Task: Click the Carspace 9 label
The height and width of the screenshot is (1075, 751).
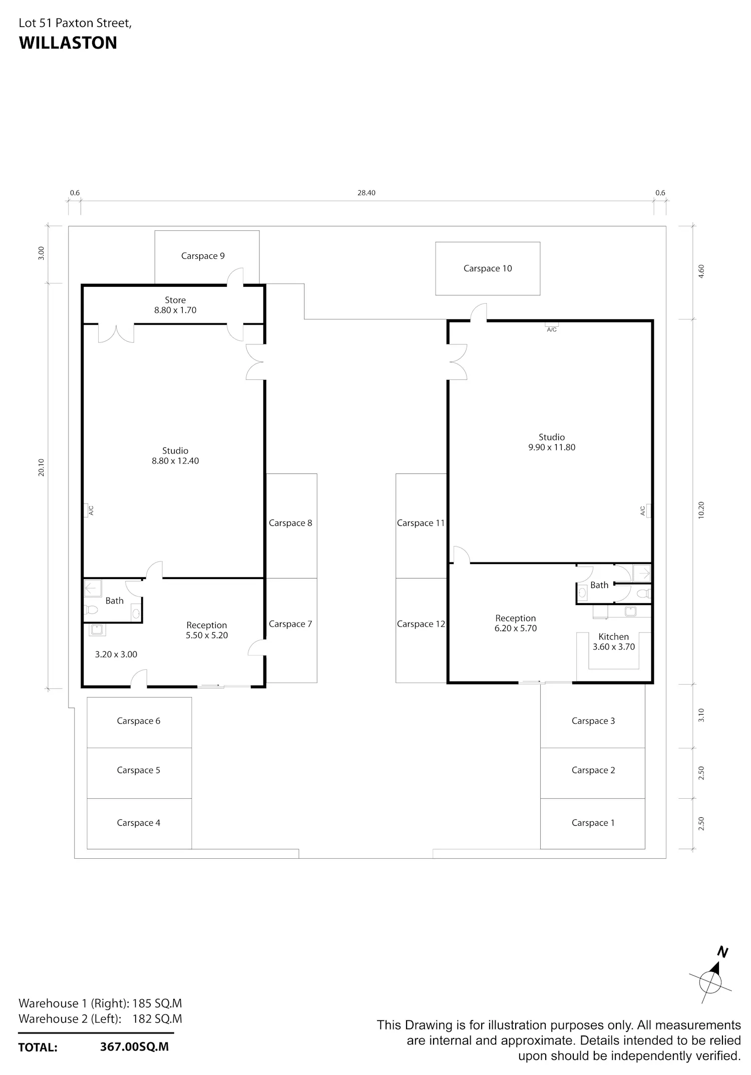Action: pos(203,256)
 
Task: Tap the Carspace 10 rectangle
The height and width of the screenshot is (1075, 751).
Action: pos(488,269)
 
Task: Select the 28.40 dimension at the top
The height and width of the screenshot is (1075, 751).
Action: pos(366,193)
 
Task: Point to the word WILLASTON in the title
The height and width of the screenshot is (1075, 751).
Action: pos(68,43)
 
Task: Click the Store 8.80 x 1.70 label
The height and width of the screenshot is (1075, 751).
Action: pos(175,305)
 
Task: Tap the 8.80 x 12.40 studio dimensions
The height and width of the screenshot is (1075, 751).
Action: pos(175,461)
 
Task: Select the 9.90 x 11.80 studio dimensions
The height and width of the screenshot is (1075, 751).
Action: pos(552,447)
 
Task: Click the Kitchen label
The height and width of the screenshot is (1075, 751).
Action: pos(613,637)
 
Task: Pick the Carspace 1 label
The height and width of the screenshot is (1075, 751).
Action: pos(593,823)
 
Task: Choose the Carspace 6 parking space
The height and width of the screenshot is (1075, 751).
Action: pos(139,723)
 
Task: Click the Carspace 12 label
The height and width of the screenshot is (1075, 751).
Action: pos(421,624)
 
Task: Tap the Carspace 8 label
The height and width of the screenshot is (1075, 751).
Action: pos(290,523)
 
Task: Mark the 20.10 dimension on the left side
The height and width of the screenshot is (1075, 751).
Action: pos(41,467)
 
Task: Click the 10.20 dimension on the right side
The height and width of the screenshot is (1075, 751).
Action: pos(701,510)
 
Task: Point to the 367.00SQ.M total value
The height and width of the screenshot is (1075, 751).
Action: pos(134,1046)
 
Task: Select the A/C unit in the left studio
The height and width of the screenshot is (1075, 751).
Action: pos(87,510)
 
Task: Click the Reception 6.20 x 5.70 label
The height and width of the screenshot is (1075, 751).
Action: pos(516,623)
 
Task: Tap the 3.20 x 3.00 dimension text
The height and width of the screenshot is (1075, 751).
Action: pos(116,654)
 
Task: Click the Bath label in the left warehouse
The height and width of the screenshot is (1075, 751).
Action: pos(114,601)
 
